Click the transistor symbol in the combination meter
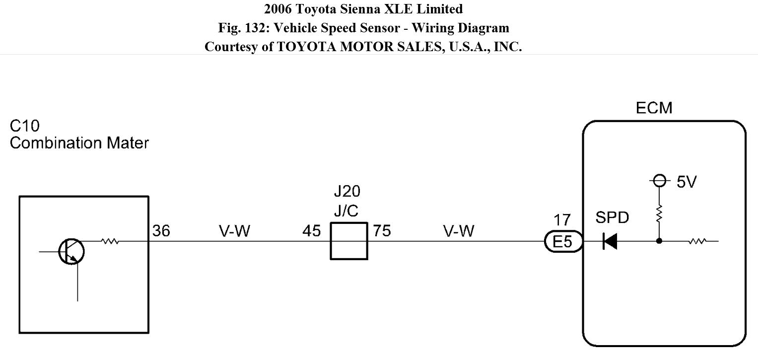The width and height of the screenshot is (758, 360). click(72, 251)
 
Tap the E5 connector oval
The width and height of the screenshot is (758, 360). click(562, 242)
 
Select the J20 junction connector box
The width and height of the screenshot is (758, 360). click(349, 241)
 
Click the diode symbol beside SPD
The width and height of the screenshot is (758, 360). click(610, 242)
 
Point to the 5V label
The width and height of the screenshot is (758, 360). click(687, 182)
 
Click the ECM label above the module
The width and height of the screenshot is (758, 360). click(654, 108)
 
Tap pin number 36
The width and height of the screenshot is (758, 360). click(161, 231)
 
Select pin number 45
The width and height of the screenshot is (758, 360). click(311, 231)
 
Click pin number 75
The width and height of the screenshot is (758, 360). click(382, 231)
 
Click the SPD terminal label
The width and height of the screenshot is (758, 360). click(612, 217)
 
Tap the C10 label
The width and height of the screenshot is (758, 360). click(24, 126)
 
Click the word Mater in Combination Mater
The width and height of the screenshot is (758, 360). click(128, 143)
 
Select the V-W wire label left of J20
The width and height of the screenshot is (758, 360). click(235, 231)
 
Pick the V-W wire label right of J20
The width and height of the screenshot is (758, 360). click(459, 231)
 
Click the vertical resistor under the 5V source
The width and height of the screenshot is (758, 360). click(659, 215)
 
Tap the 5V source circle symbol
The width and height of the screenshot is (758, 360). click(659, 181)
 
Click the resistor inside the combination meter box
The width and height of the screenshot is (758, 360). click(110, 241)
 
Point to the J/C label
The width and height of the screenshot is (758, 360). click(346, 211)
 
